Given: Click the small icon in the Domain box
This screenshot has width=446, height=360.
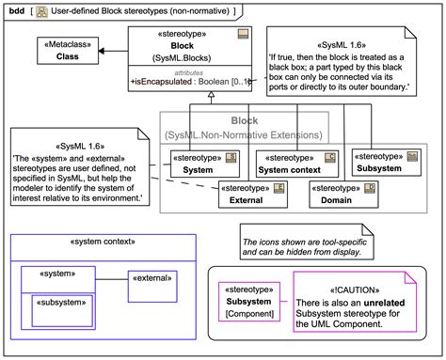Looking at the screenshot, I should pos(370,188).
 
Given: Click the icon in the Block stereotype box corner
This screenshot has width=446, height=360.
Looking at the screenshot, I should pos(243,34).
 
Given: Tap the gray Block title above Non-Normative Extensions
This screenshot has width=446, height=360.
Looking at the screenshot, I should pos(245,121).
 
